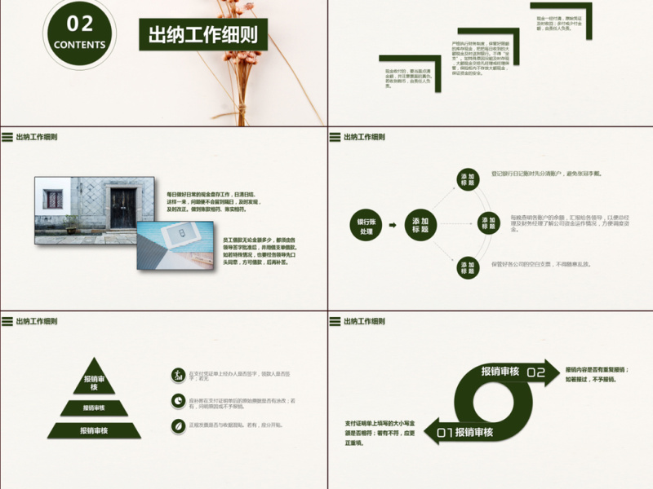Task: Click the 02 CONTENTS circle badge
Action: coord(79,34)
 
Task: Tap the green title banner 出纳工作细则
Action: coord(202,34)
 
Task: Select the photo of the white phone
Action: coord(174,242)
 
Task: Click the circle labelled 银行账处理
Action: coord(364,226)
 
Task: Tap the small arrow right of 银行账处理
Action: coord(393,226)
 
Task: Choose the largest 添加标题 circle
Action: coord(420,226)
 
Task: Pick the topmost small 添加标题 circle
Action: coord(467,179)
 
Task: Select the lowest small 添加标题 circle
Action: coord(467,267)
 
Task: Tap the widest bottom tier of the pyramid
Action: coord(94,430)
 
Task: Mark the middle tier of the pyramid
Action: coord(94,407)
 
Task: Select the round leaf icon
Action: coord(177,425)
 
